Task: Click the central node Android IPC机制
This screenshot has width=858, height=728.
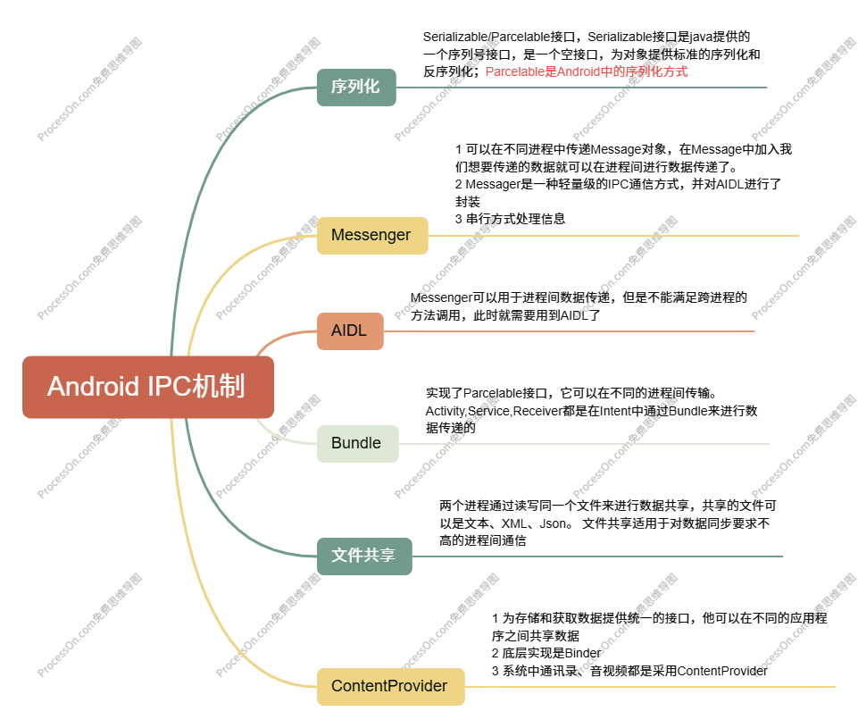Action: (147, 387)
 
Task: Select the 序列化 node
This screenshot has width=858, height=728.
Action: (355, 87)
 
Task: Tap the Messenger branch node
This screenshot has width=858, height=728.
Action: (371, 235)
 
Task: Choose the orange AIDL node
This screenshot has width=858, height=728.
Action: (350, 331)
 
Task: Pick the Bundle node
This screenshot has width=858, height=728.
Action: (356, 443)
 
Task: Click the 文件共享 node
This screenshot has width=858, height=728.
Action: (363, 556)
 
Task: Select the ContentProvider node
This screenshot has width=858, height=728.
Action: (389, 686)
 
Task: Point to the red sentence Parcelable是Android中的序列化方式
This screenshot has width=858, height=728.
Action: (587, 71)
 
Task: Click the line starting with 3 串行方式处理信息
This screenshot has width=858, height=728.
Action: (510, 218)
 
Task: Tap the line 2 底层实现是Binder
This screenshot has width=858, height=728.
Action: (546, 653)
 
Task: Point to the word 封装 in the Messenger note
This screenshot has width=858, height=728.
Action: (467, 201)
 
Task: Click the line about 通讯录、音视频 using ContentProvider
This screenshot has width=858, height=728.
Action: (629, 670)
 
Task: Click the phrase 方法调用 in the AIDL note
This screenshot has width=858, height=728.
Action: (435, 314)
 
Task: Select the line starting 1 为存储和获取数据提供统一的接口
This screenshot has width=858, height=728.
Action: (659, 618)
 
